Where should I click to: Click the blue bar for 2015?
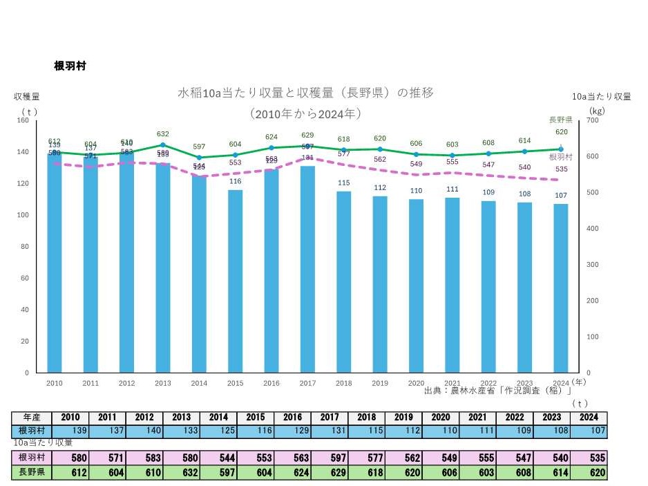coord(236,281)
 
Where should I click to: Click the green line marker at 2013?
coord(163,145)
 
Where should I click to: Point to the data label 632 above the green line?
coord(163,134)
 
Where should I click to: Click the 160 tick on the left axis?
coord(23,120)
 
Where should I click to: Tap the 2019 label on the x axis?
coord(380,383)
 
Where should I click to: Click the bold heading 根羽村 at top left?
coord(70,66)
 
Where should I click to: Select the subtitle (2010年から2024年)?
coord(306,113)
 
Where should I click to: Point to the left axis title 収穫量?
coord(27,97)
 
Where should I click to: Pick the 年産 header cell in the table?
coord(32,418)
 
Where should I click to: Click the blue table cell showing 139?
coord(70,431)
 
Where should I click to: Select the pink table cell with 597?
coord(329,458)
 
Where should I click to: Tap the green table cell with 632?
coord(182,474)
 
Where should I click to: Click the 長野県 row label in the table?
coord(32,474)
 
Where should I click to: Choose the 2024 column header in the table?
coord(589,418)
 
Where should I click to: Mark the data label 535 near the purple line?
coord(561,169)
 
